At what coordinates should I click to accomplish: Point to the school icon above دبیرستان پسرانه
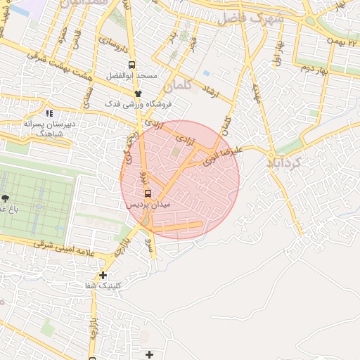(49, 112)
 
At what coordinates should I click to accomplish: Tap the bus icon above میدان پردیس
(148, 193)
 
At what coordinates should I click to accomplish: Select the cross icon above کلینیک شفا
(103, 275)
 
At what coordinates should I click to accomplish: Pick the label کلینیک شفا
(103, 285)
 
